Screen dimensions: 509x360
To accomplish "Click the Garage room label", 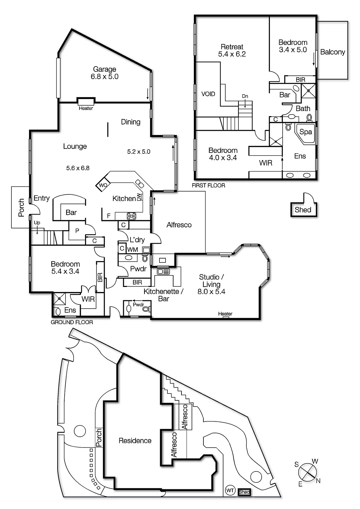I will [x=104, y=69].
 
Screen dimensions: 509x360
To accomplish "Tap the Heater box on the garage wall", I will [x=86, y=101].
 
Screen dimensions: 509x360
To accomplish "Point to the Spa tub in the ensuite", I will [x=305, y=132].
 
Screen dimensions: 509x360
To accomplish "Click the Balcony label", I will [x=332, y=52].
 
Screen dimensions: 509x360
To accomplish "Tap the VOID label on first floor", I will [x=208, y=94].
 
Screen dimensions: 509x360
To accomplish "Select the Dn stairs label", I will [x=245, y=96].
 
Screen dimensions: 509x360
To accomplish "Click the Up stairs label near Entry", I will [x=37, y=223].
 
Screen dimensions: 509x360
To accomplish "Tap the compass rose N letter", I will [x=318, y=481].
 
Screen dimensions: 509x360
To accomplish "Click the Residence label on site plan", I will [x=135, y=441].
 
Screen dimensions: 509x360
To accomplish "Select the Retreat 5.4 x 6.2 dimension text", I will [x=232, y=54].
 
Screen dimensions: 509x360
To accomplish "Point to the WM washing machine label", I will [x=133, y=250].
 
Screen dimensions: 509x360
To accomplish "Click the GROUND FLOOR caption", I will [x=72, y=322].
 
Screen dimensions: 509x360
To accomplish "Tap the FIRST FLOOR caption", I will [x=208, y=185].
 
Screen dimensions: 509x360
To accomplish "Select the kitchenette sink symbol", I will [x=163, y=271].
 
